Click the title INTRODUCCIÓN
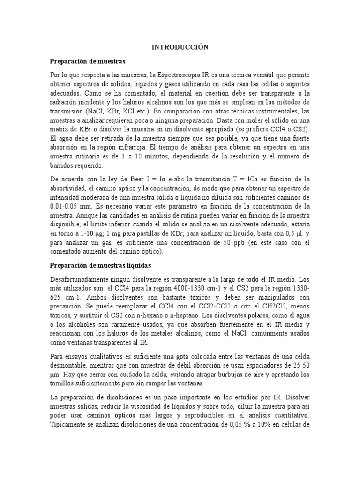(x=180, y=47)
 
